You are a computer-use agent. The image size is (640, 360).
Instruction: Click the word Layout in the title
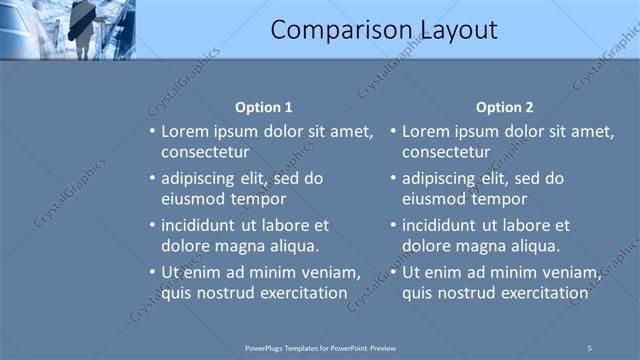click(x=452, y=31)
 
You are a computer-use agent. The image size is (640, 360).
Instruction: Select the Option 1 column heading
click(x=264, y=107)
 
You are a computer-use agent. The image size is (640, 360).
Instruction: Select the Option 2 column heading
click(x=505, y=107)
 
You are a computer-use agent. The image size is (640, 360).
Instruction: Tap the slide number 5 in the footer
click(x=589, y=347)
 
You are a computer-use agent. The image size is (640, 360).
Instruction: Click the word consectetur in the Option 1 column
click(x=205, y=151)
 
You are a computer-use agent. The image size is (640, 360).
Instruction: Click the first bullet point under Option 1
click(x=152, y=132)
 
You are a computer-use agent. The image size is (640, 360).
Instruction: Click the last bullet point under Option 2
click(x=393, y=273)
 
